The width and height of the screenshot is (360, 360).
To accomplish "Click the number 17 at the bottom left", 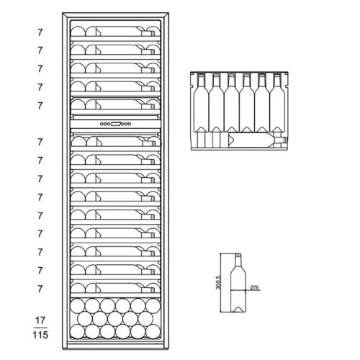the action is coord(40,320).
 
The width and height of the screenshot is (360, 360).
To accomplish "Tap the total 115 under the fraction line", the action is coord(40,335).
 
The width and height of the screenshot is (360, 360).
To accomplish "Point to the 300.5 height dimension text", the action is coord(218,282).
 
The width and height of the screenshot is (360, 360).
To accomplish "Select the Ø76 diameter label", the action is coord(254,287).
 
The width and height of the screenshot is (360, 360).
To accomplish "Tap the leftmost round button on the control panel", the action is coord(102,124).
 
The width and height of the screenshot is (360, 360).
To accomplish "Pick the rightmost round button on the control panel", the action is coord(130,124).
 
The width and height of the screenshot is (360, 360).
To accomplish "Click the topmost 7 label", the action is coord(40,32).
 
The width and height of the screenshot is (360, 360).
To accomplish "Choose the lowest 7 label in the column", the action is coord(40,289).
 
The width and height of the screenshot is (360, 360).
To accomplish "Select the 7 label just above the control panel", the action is coord(40,106).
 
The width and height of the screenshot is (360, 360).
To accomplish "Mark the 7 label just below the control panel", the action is coord(40,142).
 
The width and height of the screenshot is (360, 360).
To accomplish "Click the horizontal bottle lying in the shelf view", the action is coord(258,140).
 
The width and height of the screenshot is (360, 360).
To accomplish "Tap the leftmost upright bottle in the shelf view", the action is coord(201,103).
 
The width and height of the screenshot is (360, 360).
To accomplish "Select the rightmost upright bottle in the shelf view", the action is coord(277,103).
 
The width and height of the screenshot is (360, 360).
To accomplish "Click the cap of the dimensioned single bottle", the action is coord(238,254).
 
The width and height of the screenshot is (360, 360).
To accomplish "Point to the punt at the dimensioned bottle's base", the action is coord(238,310).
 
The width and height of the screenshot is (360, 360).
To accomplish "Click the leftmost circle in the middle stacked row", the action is coord(85,318).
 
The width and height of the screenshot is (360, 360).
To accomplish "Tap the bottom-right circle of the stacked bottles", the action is coord(153,331).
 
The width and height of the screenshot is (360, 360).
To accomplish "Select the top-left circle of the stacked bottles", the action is coord(77,306).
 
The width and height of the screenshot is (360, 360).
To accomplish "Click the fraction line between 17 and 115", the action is coord(40,328).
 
